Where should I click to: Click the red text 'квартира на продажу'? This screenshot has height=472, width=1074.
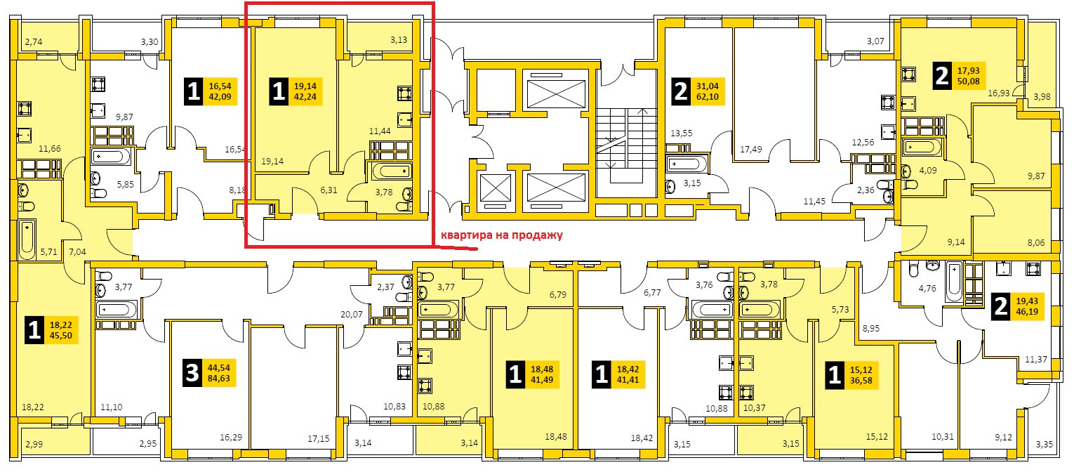coord(501,236)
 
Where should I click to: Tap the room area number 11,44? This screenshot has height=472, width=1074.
coord(379,131)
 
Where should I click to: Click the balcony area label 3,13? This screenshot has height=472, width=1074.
coord(399,39)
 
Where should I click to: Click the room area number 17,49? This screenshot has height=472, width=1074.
coord(750,149)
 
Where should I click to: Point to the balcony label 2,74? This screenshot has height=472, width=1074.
coord(34,43)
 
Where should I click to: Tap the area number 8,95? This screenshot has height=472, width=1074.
coord(871,328)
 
